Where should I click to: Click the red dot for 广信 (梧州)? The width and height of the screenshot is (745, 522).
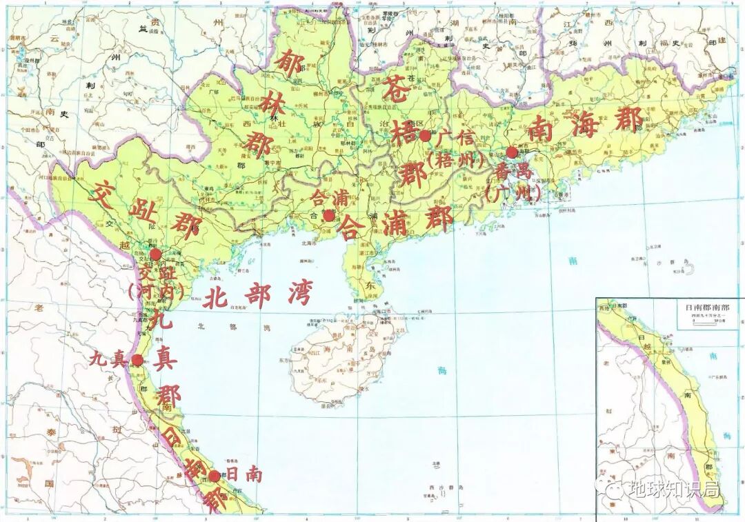(425, 136)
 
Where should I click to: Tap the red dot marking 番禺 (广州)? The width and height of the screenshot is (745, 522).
(511, 152)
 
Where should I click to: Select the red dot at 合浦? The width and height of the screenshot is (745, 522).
(329, 216)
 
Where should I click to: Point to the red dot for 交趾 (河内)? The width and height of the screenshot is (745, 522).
(156, 254)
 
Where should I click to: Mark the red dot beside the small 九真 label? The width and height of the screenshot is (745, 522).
(138, 360)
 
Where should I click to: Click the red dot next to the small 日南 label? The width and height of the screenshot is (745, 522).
(215, 476)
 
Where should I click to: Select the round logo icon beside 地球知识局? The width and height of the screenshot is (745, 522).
(613, 490)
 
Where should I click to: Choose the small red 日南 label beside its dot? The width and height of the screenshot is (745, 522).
(244, 475)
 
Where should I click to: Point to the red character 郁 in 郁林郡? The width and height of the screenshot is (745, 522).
(288, 68)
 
